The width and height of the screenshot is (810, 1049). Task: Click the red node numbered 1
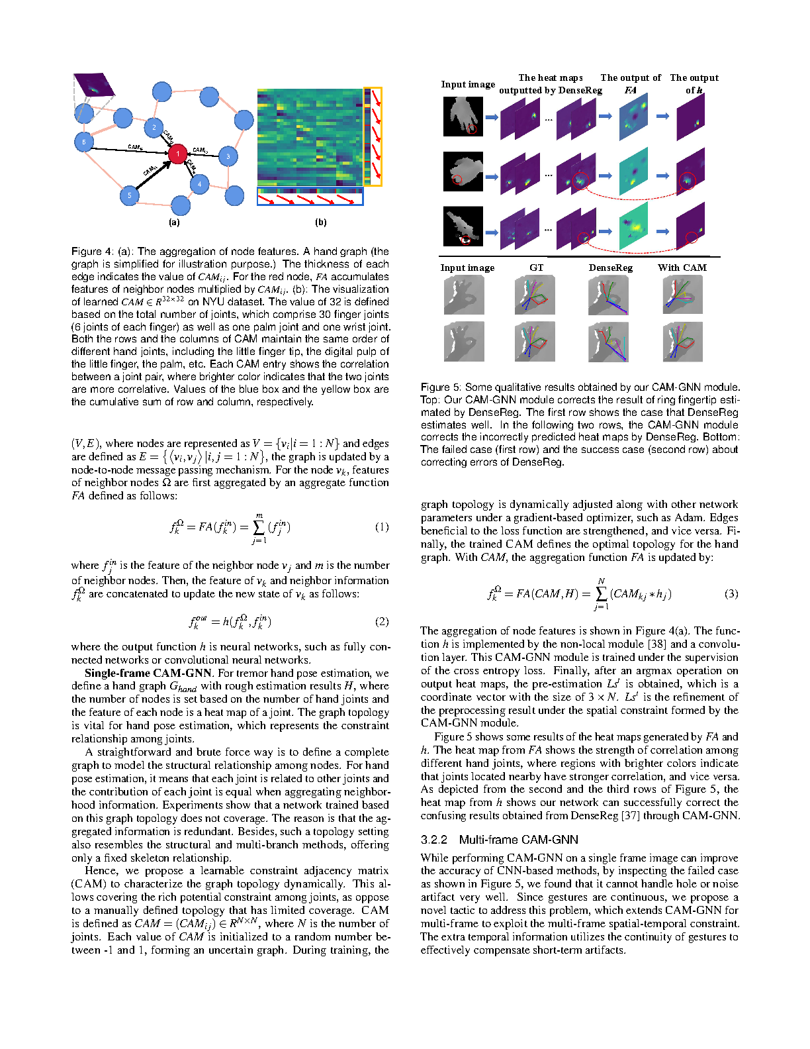177,154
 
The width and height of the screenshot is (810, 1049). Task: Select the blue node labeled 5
130,195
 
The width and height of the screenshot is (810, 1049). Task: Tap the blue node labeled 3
228,156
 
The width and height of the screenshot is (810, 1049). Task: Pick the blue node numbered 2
154,127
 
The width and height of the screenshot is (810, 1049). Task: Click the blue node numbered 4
199,184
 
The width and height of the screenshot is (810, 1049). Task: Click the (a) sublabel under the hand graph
174,223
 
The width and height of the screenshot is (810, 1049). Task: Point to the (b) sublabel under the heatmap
321,223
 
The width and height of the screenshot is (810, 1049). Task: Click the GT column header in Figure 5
537,268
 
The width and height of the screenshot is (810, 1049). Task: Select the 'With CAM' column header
682,268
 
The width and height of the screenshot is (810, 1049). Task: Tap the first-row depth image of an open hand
463,116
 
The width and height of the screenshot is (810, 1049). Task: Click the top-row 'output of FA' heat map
633,117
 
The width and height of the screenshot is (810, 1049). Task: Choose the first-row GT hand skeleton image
535,295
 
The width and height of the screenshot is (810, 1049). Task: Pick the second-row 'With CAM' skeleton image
682,341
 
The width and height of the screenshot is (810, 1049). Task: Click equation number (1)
382,527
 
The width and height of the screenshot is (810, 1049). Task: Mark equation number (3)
731,593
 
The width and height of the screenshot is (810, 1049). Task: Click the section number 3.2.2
434,840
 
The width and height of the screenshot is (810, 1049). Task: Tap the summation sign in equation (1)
259,527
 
